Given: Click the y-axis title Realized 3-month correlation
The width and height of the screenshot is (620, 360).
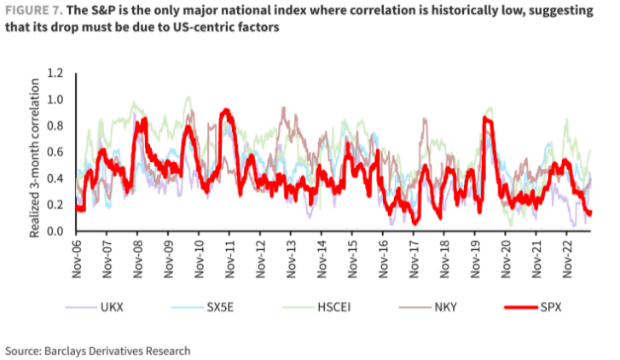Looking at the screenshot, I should click(x=36, y=153).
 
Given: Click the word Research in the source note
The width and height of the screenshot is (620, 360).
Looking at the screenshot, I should click(x=165, y=350).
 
